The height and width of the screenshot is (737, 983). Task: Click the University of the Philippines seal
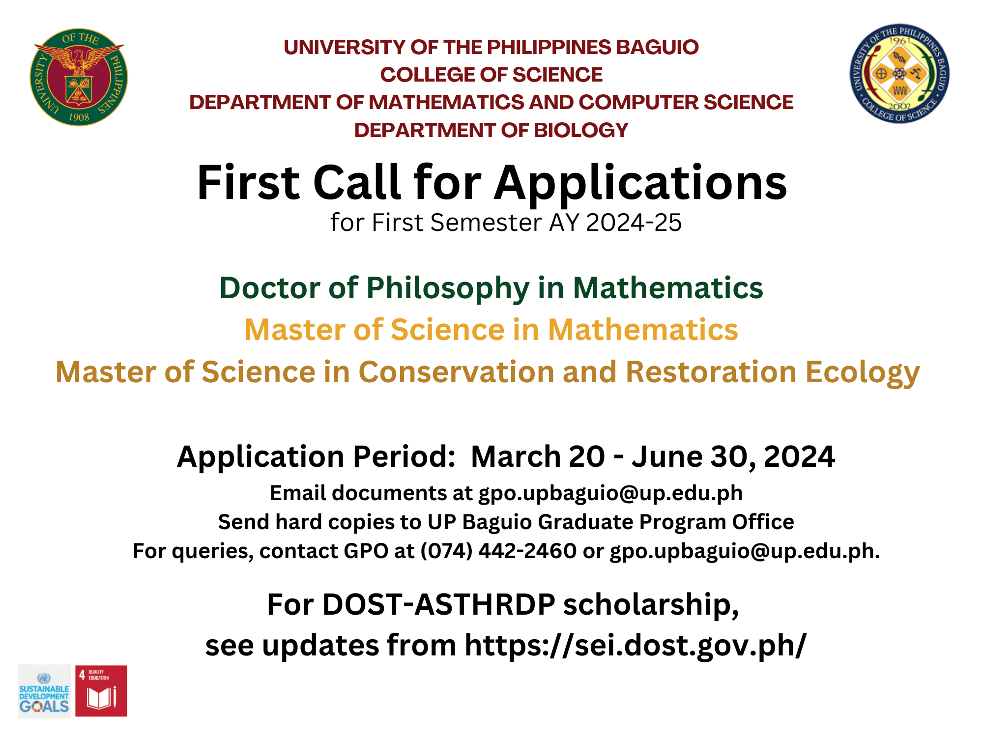coord(79,77)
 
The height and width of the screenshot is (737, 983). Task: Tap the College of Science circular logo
coord(900,74)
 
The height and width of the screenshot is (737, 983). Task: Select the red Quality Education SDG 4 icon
coord(101,691)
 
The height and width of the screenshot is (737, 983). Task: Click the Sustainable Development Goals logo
coord(44,691)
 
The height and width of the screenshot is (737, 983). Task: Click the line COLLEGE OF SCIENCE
coord(491,75)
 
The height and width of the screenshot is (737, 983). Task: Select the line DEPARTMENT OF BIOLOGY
coord(491,130)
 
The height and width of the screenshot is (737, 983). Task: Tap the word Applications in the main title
coord(640,183)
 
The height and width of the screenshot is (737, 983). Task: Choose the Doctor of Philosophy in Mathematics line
coord(491,288)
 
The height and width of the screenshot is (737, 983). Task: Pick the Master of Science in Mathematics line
coord(491,329)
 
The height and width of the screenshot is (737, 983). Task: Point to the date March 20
coord(538,456)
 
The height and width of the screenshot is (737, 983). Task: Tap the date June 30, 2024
coord(733,457)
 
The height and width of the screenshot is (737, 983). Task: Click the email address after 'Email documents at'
coord(610,494)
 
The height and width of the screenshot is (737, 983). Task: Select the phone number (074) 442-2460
coord(498,551)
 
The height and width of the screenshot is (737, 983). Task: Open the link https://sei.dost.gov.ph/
coord(635,645)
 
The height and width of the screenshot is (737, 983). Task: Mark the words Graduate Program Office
coord(666,522)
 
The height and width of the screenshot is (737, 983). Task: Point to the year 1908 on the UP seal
coord(79,117)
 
